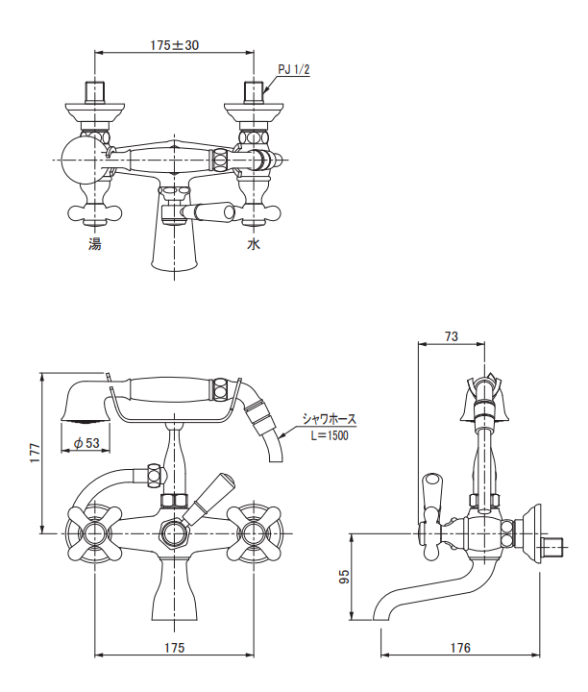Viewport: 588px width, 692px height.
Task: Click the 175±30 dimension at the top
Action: point(174,45)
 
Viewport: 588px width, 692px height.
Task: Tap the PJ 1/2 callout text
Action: point(293,70)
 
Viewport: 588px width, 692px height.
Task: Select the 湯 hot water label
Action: point(95,243)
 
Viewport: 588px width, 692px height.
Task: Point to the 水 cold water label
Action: point(254,243)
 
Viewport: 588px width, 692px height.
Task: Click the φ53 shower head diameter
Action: point(86,443)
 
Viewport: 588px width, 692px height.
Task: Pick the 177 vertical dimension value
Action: point(35,453)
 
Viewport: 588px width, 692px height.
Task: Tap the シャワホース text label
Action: point(329,419)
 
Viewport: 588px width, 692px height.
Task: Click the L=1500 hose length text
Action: point(330,435)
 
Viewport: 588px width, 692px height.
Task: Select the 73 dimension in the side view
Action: point(452,336)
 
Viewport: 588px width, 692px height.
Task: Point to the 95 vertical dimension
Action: point(344,577)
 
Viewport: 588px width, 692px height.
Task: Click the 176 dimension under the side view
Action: point(460,648)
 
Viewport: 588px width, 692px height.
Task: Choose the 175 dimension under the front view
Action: point(174,648)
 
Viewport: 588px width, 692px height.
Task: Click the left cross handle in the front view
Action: point(94,533)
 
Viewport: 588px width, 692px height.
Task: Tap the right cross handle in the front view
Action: point(254,533)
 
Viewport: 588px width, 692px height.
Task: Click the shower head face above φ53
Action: point(86,421)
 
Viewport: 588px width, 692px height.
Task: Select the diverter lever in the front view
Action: point(208,498)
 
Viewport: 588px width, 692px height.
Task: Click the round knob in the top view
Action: point(83,160)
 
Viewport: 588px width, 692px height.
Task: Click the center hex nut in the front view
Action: point(174,533)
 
